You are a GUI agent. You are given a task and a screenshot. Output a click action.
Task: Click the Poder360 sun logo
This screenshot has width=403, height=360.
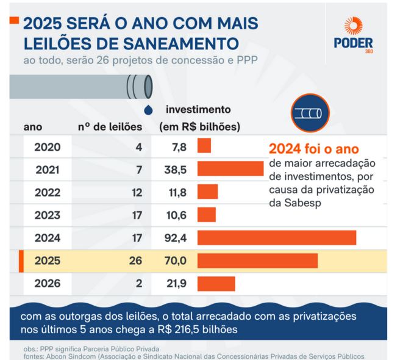click(x=353, y=26)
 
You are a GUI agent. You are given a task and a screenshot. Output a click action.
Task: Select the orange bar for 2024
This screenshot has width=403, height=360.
click(x=276, y=237)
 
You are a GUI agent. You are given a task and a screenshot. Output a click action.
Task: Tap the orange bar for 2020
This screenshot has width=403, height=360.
click(x=204, y=146)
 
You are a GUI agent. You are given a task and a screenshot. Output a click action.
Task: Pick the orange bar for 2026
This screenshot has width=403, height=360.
click(x=216, y=284)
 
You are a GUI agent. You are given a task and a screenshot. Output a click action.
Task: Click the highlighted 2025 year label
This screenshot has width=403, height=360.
click(x=47, y=261)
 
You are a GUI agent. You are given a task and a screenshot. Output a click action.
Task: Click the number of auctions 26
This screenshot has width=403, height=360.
click(x=135, y=261)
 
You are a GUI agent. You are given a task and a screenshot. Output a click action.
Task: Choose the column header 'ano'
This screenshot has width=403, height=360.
click(x=33, y=127)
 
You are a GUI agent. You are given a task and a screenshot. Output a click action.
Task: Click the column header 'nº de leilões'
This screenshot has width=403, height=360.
click(x=110, y=127)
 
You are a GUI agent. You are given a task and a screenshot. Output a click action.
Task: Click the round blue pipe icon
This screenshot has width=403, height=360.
click(x=310, y=113)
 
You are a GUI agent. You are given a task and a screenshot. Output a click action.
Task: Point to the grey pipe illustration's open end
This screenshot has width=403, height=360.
click(x=134, y=87)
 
